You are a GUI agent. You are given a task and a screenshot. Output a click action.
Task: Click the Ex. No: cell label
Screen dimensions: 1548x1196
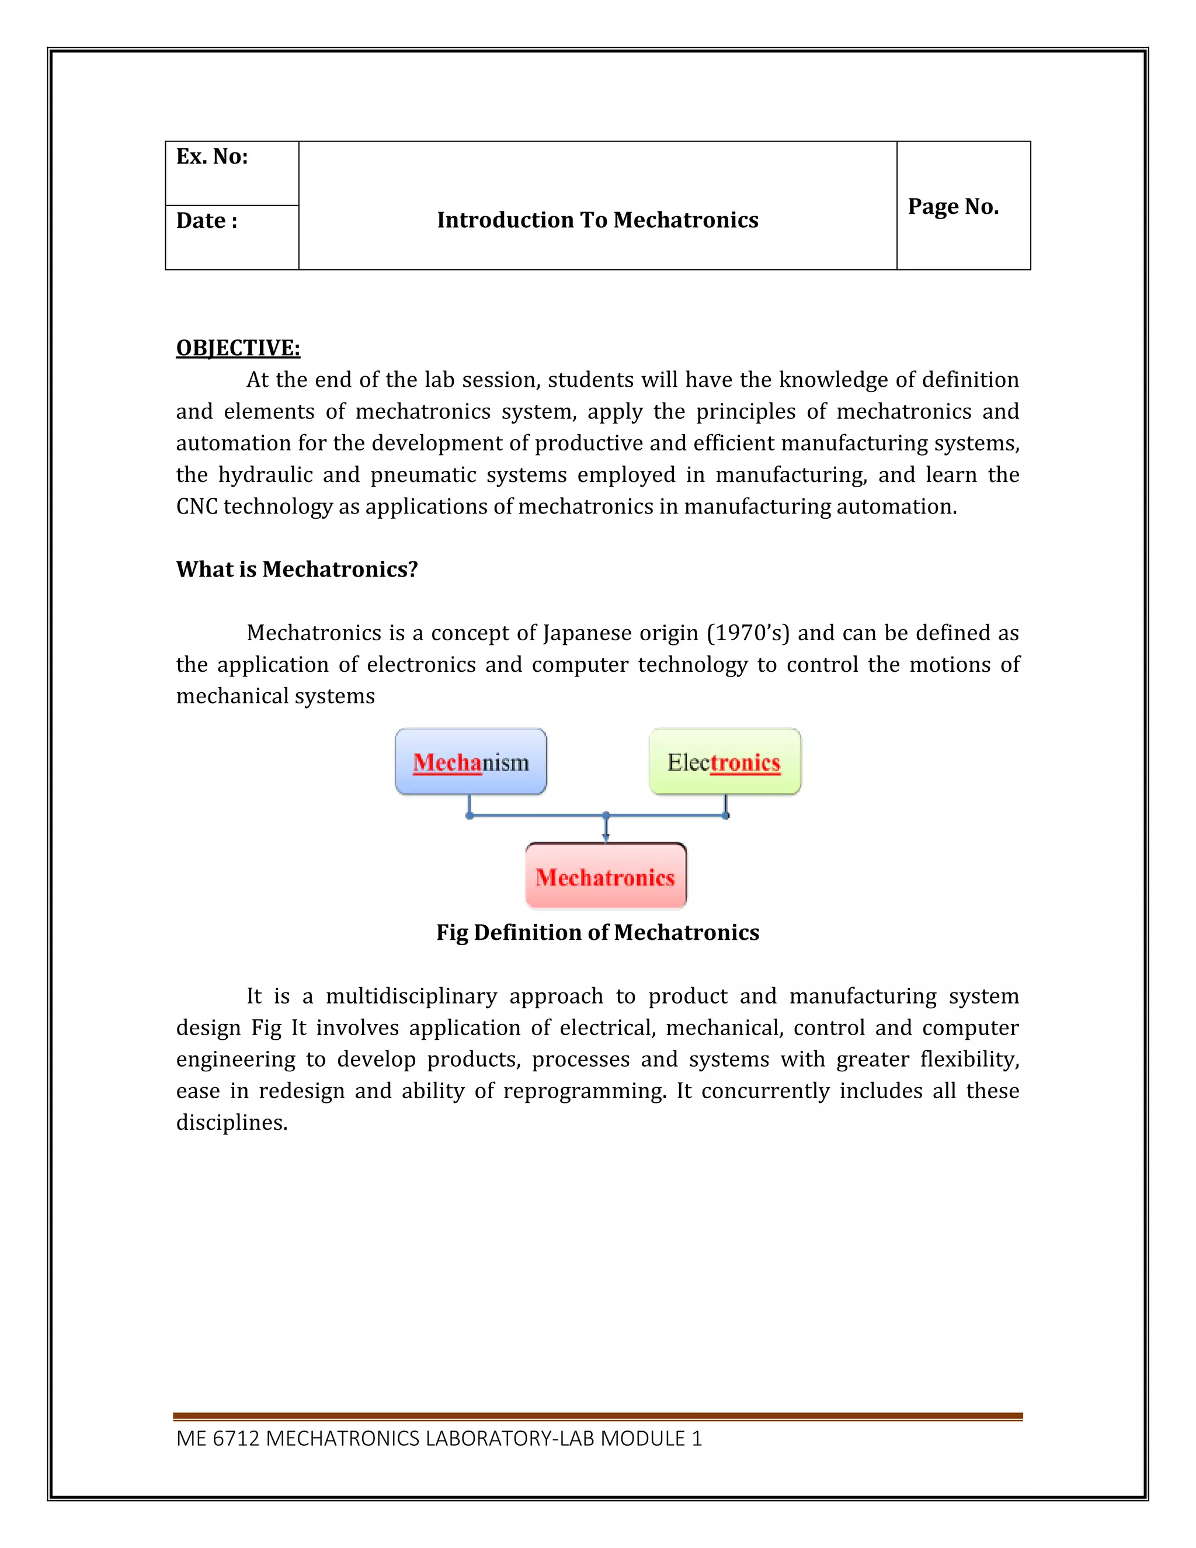coord(212,157)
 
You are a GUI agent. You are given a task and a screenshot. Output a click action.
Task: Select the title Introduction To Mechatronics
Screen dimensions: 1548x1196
coord(597,220)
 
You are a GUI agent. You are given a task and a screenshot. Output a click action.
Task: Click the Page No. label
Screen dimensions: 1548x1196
coord(953,206)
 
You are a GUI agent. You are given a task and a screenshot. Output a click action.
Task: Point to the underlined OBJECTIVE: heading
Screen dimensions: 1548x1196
coord(238,348)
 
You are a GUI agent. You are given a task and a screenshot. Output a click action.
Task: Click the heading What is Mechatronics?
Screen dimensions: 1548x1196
coord(297,569)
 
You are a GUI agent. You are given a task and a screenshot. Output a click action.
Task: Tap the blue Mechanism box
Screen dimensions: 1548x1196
coord(471,762)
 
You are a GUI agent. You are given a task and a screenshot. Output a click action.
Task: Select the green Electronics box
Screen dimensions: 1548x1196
coord(724,762)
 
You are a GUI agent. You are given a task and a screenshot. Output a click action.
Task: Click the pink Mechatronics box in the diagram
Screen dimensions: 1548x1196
coord(606,877)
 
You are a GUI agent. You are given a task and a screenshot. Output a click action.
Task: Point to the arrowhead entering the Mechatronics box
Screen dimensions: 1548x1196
coord(606,838)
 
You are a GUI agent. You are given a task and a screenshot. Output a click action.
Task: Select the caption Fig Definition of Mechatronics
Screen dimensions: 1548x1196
coord(597,932)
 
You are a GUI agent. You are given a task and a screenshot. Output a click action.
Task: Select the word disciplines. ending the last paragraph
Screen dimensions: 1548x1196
coord(232,1123)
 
